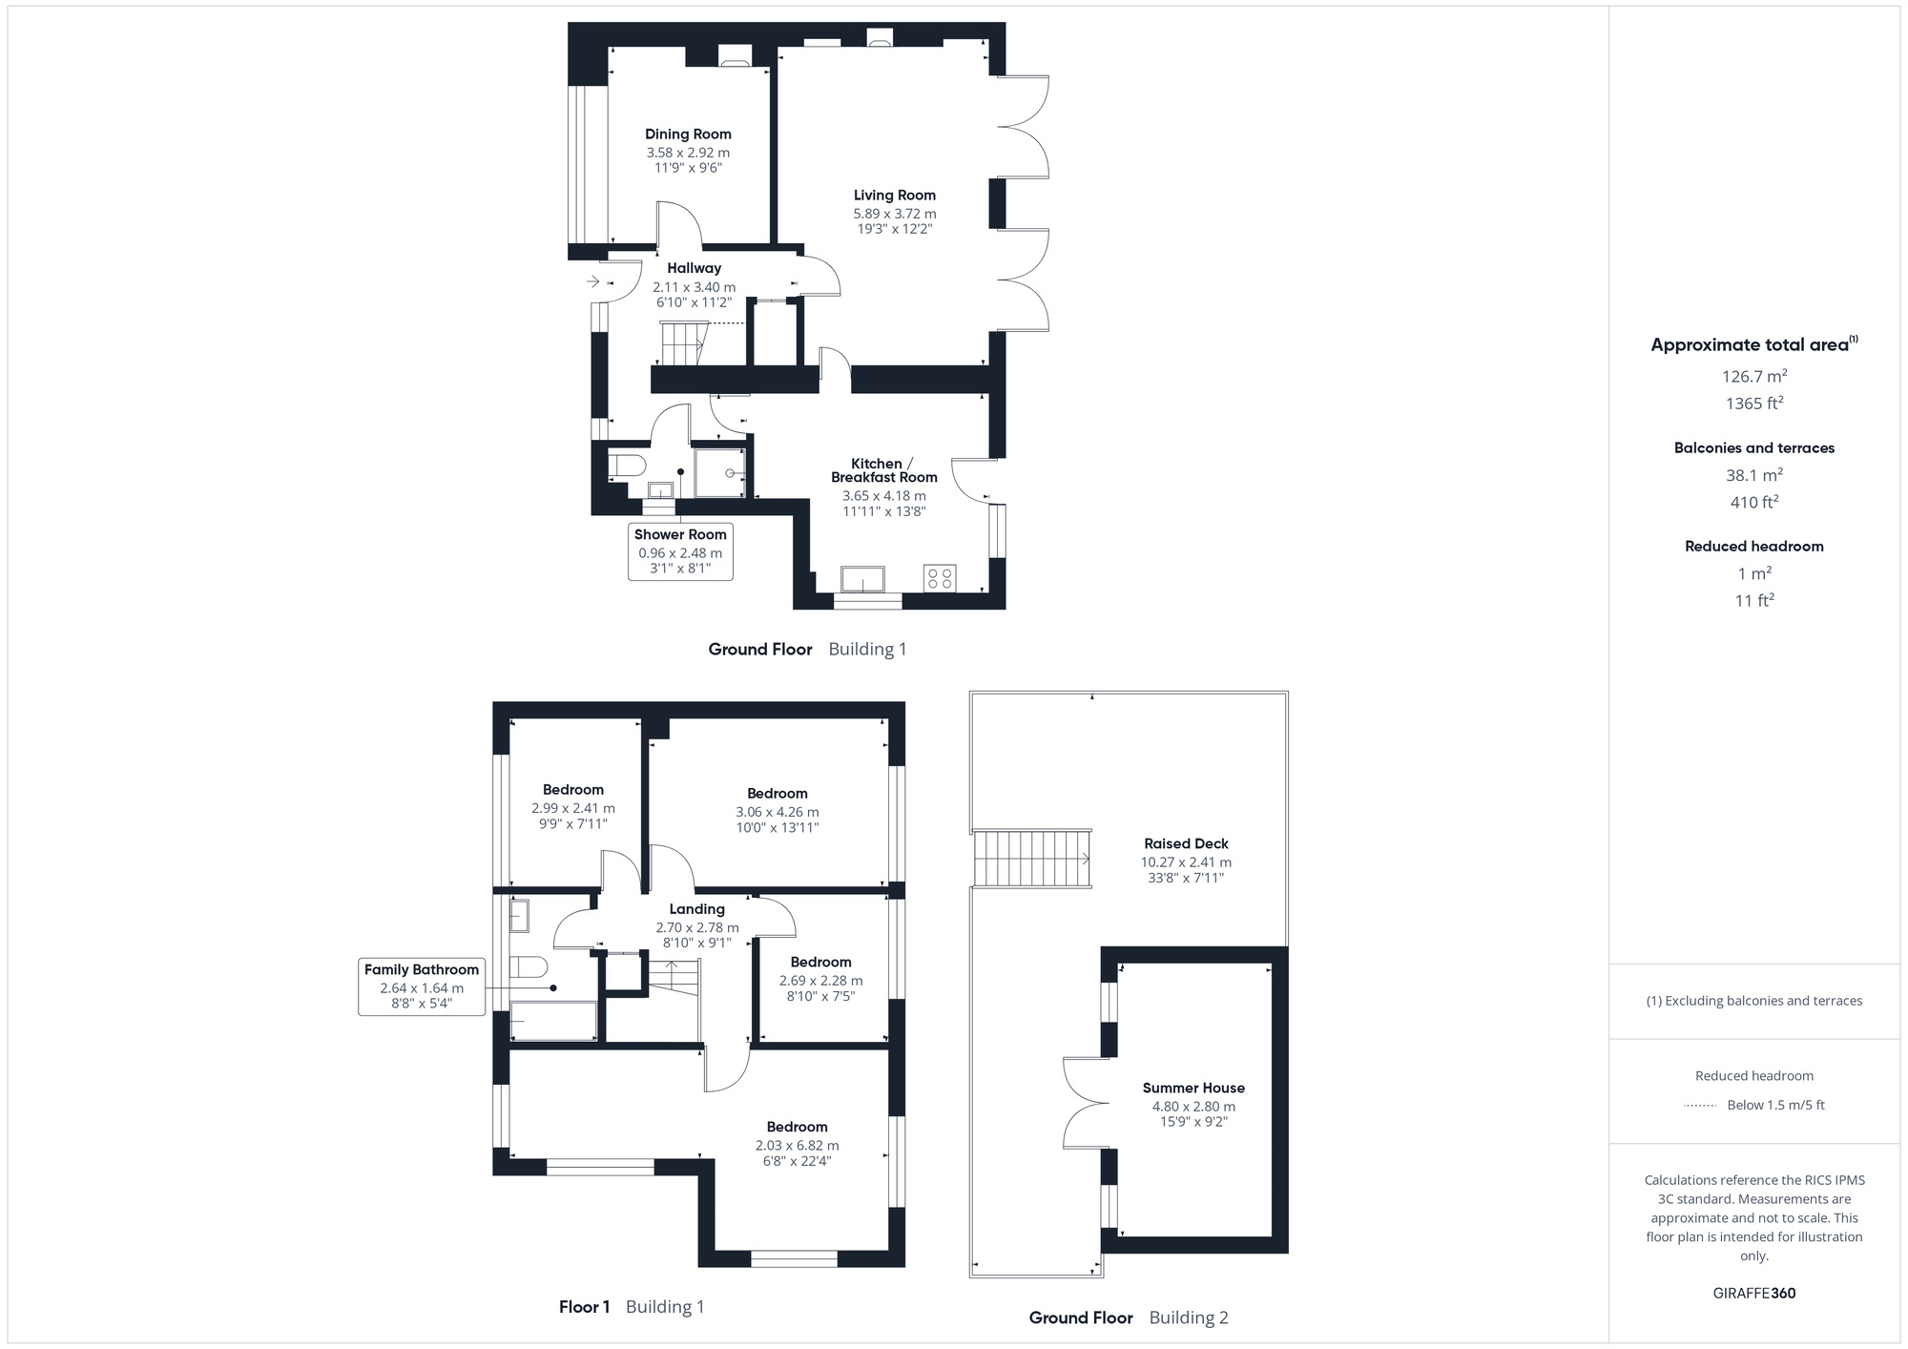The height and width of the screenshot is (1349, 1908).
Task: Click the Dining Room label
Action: pyautogui.click(x=688, y=135)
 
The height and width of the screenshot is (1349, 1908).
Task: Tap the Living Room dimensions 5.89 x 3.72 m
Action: pyautogui.click(x=894, y=214)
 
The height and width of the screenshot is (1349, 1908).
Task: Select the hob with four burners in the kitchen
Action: pyautogui.click(x=939, y=578)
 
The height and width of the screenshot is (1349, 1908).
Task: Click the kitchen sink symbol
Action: pyautogui.click(x=862, y=579)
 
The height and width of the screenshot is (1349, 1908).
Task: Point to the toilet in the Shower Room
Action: pyautogui.click(x=629, y=466)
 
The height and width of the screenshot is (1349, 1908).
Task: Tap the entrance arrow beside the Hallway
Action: pyautogui.click(x=592, y=281)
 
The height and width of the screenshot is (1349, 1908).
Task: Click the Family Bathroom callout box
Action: pyautogui.click(x=422, y=986)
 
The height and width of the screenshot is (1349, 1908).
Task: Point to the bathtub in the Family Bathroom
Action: pyautogui.click(x=553, y=1022)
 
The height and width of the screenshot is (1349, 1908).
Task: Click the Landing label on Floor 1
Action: pyautogui.click(x=696, y=909)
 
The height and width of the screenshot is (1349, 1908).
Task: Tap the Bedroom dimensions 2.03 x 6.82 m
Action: pyautogui.click(x=797, y=1146)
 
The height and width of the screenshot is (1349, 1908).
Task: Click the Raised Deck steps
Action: pyautogui.click(x=1031, y=859)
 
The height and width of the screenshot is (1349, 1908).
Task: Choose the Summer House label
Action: pyautogui.click(x=1193, y=1089)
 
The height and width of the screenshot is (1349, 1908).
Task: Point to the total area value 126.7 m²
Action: pyautogui.click(x=1753, y=376)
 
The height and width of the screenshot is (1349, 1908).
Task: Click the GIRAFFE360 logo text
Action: pyautogui.click(x=1753, y=1294)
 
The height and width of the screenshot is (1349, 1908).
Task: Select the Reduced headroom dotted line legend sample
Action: pyautogui.click(x=1700, y=1106)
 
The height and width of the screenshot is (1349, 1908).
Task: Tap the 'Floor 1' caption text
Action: pyautogui.click(x=584, y=1307)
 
